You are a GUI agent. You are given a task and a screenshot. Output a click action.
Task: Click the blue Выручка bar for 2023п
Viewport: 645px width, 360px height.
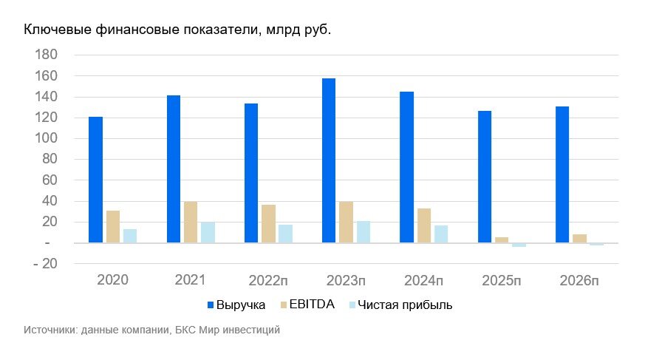click(329, 160)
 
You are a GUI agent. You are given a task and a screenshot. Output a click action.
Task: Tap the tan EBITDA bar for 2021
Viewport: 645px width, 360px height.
click(191, 222)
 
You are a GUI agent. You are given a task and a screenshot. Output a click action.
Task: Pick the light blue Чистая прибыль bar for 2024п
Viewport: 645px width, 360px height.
click(442, 234)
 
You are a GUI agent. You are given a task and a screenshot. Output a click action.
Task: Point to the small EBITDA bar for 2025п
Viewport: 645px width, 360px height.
click(502, 240)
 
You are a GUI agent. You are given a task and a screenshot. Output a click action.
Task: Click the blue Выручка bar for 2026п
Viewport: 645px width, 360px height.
click(562, 174)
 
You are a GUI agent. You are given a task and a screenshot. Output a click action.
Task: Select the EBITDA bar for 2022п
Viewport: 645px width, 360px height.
click(268, 223)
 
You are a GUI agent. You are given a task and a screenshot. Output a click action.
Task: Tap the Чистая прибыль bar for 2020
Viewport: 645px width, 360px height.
click(130, 236)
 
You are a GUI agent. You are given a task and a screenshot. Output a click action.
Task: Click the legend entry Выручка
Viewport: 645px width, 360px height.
click(241, 305)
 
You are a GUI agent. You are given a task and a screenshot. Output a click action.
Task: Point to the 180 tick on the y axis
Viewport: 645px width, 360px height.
click(46, 55)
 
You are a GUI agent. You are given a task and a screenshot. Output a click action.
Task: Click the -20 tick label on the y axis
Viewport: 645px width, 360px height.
click(44, 264)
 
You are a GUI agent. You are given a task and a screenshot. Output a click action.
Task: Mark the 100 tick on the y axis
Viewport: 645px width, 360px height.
click(46, 139)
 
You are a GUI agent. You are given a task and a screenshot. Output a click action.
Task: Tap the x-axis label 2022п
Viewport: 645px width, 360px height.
click(268, 280)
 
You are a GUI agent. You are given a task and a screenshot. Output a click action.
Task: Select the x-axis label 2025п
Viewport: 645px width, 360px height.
click(502, 280)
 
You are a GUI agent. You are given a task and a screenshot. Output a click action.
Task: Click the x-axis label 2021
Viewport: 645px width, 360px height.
click(190, 280)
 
